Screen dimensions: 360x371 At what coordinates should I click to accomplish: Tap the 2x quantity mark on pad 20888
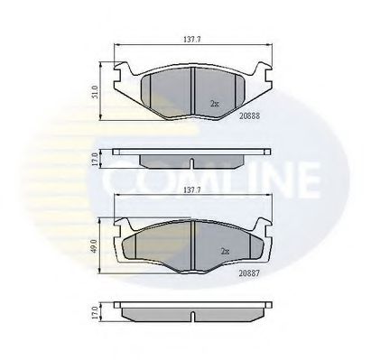214,103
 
